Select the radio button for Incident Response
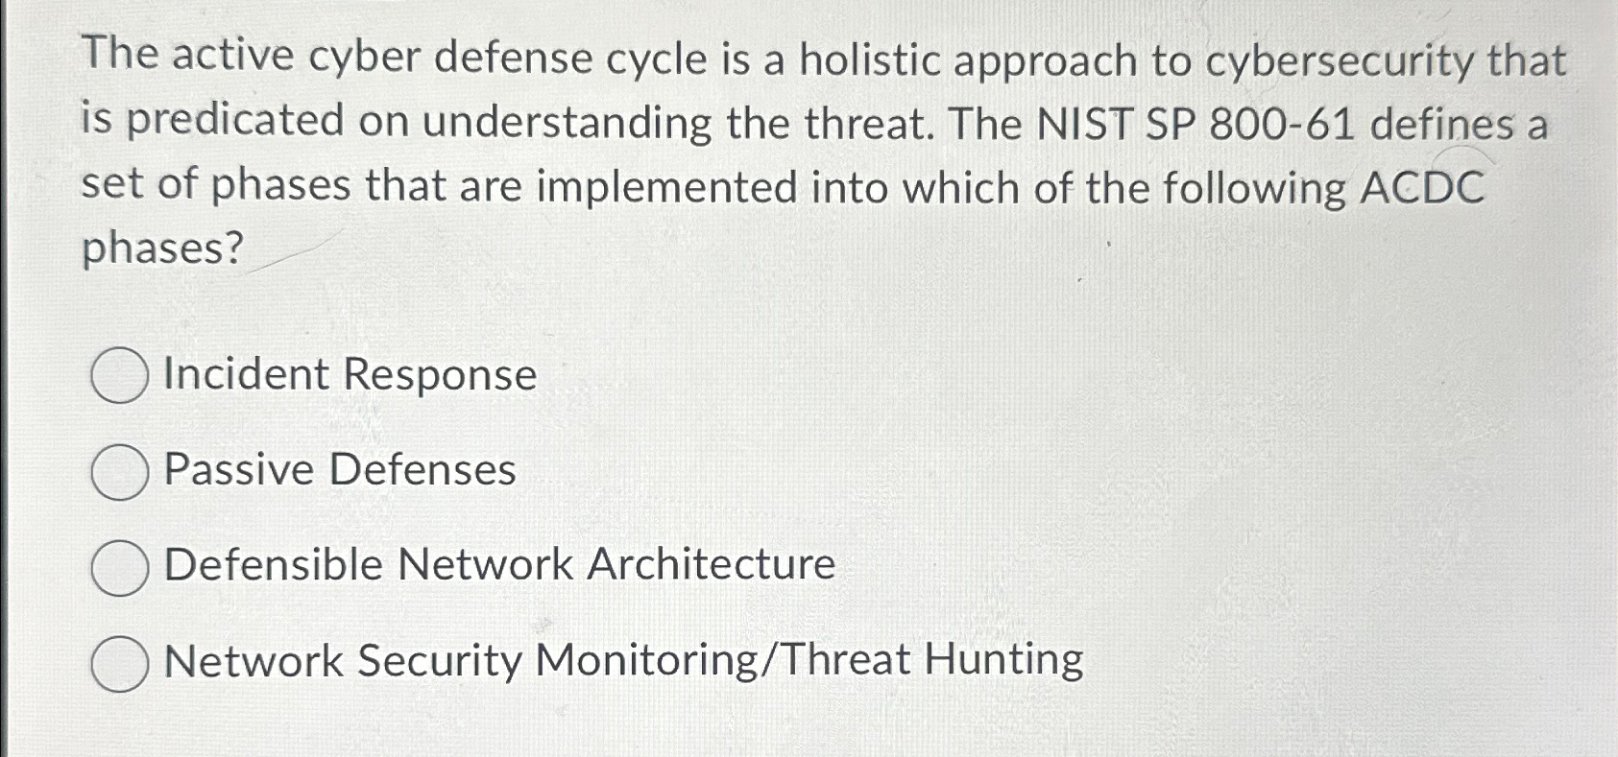[119, 375]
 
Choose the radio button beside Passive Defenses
[119, 471]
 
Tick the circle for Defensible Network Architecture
[119, 567]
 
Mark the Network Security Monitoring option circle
[119, 663]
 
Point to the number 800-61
[1282, 124]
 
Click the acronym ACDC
[1422, 187]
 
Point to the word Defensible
[274, 564]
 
